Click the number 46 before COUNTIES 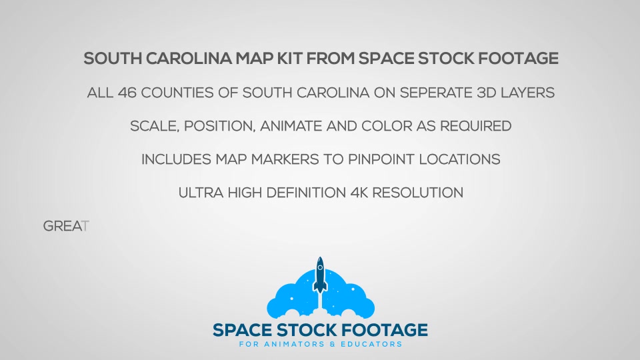pos(127,93)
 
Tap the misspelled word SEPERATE pos(436,93)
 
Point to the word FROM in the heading pos(330,59)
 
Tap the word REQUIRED pos(475,126)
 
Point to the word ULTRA pos(201,193)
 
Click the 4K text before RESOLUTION pos(359,193)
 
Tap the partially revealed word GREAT pos(66,226)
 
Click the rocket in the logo pos(320,275)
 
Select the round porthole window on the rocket pos(320,268)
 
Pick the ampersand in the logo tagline pos(332,345)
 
